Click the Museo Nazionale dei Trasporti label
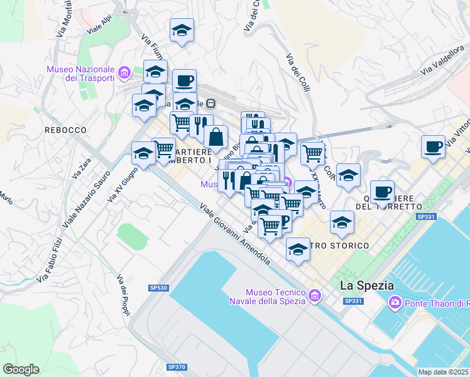(x=80, y=73)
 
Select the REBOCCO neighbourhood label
(x=65, y=129)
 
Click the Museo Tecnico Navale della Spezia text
(x=275, y=297)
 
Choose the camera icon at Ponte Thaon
(x=395, y=303)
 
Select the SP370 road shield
(x=177, y=366)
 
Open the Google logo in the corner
(x=20, y=369)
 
